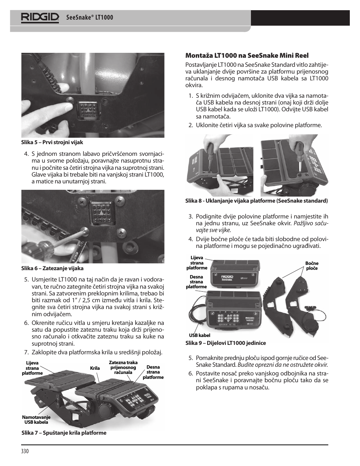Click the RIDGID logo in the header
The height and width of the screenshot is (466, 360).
click(x=40, y=17)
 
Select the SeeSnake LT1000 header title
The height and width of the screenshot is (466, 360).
click(x=89, y=18)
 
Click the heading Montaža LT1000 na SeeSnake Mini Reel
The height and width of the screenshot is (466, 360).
click(x=247, y=55)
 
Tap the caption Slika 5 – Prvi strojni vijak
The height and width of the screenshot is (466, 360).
click(x=52, y=142)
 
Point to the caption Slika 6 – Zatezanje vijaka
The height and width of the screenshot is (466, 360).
click(x=52, y=268)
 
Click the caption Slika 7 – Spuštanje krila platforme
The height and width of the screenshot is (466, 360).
click(x=64, y=433)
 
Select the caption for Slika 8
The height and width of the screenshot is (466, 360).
click(x=256, y=201)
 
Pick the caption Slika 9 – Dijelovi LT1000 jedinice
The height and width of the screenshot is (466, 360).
click(x=225, y=343)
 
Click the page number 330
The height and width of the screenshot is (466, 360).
click(x=25, y=451)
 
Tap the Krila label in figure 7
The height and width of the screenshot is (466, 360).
click(x=95, y=368)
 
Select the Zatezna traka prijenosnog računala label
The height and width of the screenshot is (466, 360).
click(x=123, y=367)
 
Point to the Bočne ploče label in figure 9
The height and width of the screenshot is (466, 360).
click(x=312, y=266)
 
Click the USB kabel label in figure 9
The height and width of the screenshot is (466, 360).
click(x=199, y=335)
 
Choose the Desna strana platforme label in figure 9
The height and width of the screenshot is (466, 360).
click(x=196, y=282)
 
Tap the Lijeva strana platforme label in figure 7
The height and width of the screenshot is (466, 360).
click(x=32, y=368)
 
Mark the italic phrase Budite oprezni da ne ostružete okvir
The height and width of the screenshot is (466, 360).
click(x=283, y=364)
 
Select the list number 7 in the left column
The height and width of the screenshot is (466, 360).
click(x=26, y=352)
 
